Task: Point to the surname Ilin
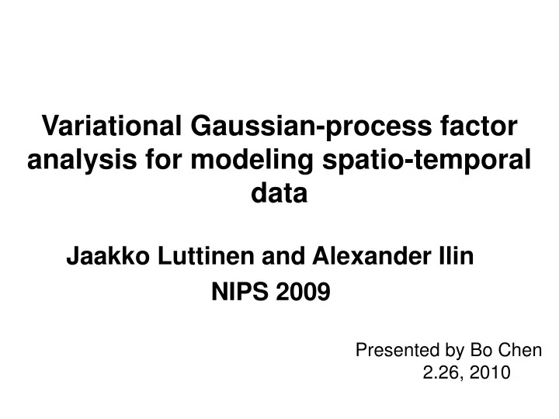[455, 255]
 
